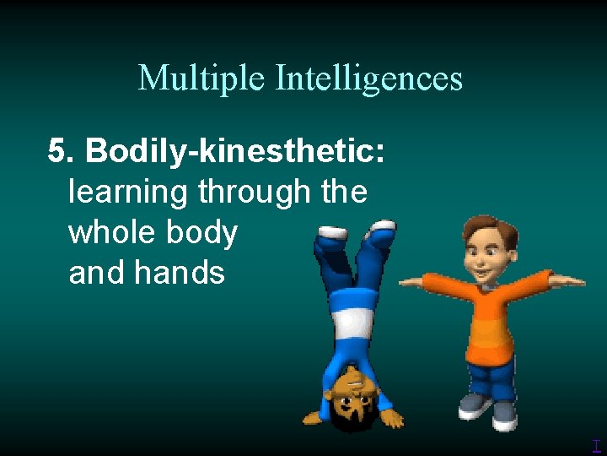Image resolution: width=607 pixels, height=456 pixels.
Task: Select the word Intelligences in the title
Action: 369,79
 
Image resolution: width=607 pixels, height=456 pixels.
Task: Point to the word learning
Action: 127,193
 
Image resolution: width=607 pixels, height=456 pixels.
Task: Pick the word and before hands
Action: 95,272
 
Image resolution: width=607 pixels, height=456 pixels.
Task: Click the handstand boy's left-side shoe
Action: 330,232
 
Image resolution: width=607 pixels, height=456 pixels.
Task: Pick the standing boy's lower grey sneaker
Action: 504,413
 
